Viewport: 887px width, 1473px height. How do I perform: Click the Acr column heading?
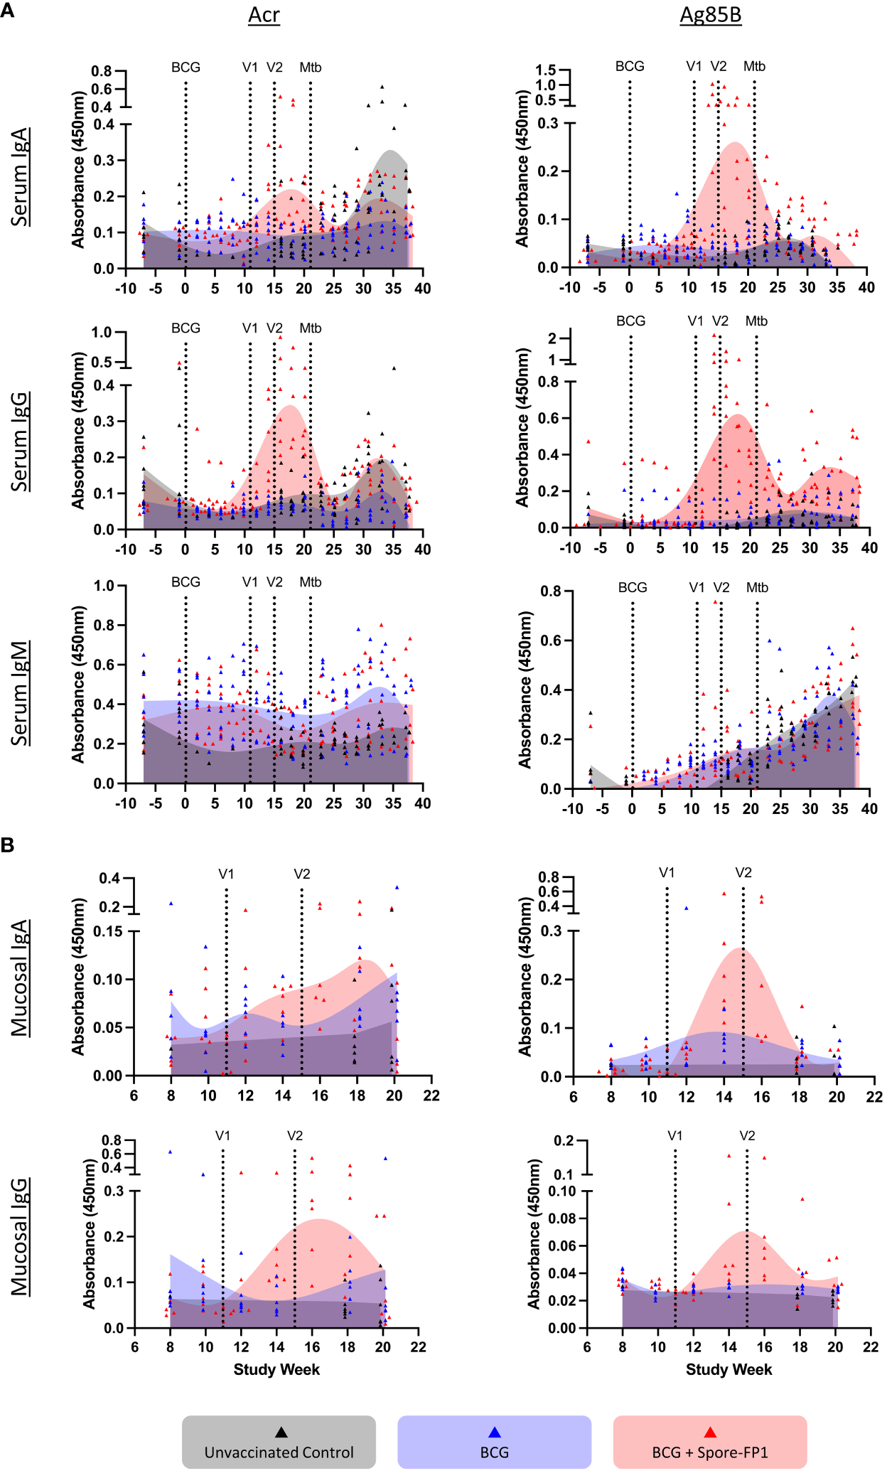click(264, 16)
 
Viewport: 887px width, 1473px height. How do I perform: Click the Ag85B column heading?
click(710, 16)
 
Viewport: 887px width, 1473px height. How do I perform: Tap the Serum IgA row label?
click(21, 177)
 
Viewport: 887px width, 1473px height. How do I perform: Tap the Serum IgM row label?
click(21, 693)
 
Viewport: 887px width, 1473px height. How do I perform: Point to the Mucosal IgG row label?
click(21, 1237)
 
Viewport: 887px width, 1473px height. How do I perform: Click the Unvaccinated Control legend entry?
click(279, 1443)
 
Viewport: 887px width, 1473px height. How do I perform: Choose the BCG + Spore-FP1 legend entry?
click(709, 1443)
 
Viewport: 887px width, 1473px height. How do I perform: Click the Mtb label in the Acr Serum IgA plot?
click(310, 68)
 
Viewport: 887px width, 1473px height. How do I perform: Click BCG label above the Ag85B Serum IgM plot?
click(633, 588)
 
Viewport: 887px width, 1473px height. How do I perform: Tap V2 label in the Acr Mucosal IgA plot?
click(301, 874)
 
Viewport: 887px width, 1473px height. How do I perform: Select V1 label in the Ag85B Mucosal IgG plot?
click(674, 1136)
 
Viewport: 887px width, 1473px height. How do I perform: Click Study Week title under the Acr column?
click(276, 1370)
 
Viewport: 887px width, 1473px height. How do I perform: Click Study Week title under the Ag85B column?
click(729, 1370)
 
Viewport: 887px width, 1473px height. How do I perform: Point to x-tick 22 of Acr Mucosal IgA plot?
click(431, 1096)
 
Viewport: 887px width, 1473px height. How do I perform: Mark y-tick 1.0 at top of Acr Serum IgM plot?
click(104, 586)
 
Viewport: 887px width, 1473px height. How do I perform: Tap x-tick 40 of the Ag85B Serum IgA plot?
click(866, 287)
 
